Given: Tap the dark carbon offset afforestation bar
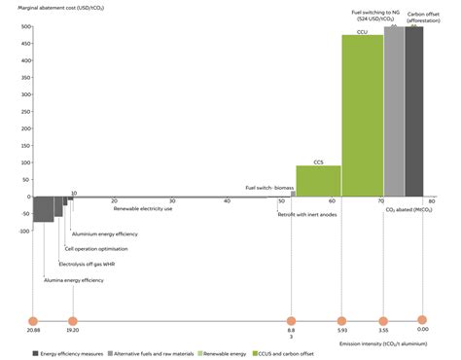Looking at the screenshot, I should coord(414,111).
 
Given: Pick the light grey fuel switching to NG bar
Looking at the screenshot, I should coord(394,111).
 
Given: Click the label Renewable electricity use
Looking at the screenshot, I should coord(143,209).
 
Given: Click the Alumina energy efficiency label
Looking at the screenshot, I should coord(74,280).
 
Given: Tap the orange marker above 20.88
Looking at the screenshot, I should coord(32,319).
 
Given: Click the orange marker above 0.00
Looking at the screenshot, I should coord(422,319).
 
